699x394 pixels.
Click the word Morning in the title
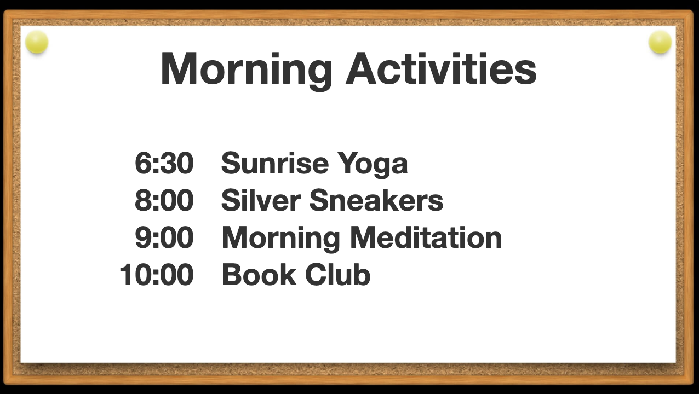coord(246,71)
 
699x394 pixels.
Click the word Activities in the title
coord(441,68)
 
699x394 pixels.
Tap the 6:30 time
coord(164,163)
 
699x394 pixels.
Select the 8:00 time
coord(164,200)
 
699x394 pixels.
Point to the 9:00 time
coord(164,237)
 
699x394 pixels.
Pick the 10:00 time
coord(157,275)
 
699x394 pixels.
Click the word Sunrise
coord(275,163)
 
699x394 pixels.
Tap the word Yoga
coord(373,165)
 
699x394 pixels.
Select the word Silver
coord(261,200)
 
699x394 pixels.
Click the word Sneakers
coord(376,200)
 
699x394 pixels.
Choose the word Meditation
coord(426,237)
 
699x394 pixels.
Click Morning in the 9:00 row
coord(281,239)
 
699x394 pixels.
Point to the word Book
coord(259,274)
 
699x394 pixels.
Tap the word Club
coord(338,274)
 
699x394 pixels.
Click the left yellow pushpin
coord(37,42)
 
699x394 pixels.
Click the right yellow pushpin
coord(660,42)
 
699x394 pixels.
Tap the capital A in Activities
coord(361,68)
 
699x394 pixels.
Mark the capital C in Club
coord(317,274)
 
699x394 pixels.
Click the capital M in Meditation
coord(364,237)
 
